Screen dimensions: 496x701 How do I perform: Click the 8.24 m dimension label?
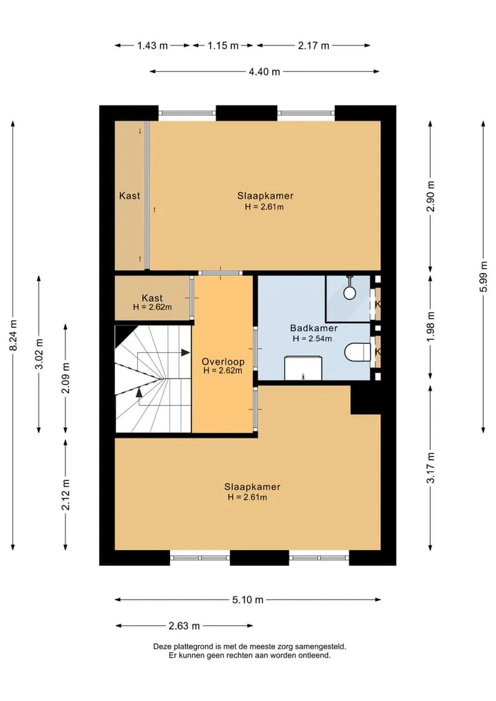[14, 336]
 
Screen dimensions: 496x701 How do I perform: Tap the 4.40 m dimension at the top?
[265, 72]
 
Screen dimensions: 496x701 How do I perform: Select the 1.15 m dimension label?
[223, 45]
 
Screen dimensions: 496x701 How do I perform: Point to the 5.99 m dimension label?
[484, 276]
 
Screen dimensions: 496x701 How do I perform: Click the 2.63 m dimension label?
[184, 626]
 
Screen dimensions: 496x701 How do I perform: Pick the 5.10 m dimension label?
[247, 600]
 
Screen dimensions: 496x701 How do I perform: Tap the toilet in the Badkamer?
[358, 352]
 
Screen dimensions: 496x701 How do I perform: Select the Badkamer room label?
[313, 328]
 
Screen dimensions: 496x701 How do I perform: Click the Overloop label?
[223, 362]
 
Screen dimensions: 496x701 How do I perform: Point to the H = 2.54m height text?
[312, 339]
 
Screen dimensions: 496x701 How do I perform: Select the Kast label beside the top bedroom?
[130, 196]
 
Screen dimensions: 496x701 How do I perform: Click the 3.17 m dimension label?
[431, 467]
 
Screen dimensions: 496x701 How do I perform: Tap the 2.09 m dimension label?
[65, 378]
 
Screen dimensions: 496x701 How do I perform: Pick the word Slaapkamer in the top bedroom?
[265, 196]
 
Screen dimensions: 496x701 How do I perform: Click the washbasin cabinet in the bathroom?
[303, 368]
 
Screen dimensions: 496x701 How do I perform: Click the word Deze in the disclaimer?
[162, 647]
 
